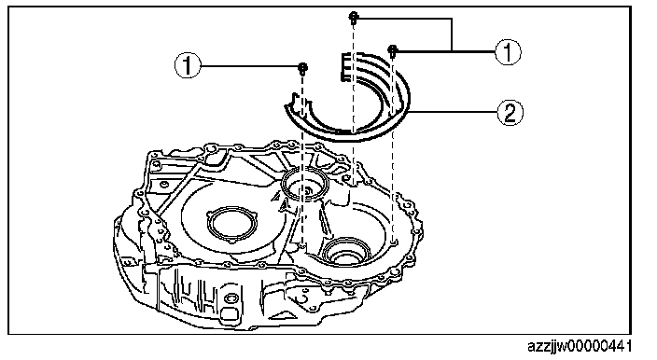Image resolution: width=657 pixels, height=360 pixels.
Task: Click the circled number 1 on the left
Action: pos(188,66)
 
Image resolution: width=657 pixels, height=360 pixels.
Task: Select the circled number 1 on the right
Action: pos(508,52)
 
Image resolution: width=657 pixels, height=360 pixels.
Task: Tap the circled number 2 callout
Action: pos(510,112)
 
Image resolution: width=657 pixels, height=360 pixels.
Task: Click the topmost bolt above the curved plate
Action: pos(353,18)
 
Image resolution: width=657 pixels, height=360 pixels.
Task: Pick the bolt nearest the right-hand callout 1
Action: pos(393,51)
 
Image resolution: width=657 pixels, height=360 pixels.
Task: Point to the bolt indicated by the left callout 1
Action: pos(303,68)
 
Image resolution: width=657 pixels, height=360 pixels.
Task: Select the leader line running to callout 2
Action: pos(452,112)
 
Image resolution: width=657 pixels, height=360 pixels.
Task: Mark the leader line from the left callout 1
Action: pos(250,66)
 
